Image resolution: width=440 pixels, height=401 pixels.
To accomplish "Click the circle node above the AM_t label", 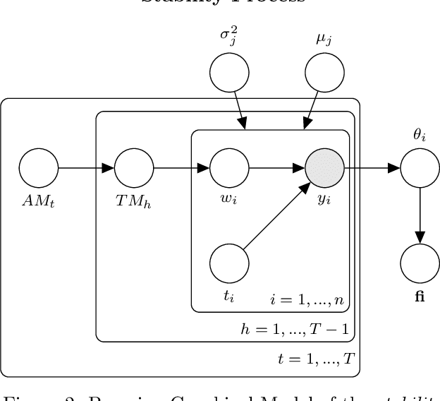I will coord(39,169).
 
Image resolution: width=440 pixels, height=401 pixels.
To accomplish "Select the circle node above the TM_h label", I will coord(134,169).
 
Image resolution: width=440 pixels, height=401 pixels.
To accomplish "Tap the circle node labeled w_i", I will coord(230,169).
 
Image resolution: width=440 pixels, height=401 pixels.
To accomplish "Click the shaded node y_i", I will coord(324,169).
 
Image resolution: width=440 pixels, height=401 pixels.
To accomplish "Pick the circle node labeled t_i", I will coord(230,264).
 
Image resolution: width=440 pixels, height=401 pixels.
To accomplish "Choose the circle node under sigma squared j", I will coord(230,73).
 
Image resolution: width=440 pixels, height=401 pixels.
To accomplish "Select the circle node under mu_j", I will coord(324,73).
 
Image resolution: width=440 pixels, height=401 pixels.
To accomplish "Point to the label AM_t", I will coord(39,201).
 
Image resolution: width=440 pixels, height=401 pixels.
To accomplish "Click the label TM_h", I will coord(134,201).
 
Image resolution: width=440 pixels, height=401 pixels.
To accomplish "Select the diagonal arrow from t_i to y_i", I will coord(276,216).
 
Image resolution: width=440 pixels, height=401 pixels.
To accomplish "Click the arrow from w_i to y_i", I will coord(276,169).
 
